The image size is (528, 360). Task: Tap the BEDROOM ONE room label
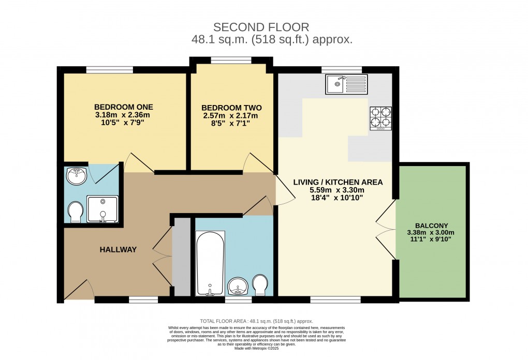pos(123,107)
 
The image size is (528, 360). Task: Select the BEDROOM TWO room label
pos(231,108)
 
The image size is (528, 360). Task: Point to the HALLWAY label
pos(118,250)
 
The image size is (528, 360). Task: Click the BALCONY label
pos(431,226)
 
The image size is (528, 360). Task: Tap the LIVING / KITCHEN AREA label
pos(338,182)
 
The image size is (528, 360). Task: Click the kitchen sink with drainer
pos(346,84)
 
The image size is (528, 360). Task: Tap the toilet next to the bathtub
pos(260,284)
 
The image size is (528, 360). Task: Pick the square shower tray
pos(102,209)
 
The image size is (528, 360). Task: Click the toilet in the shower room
pos(76,212)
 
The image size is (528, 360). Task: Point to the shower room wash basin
pos(77,176)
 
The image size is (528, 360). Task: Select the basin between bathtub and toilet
pos(238,286)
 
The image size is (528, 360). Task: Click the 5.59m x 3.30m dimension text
pos(338,190)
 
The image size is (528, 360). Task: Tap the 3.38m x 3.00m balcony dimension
pos(431,233)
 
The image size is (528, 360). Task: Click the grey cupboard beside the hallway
pos(182,257)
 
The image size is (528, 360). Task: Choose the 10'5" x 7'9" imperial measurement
pos(123,123)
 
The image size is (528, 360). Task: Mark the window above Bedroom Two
pos(231,61)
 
